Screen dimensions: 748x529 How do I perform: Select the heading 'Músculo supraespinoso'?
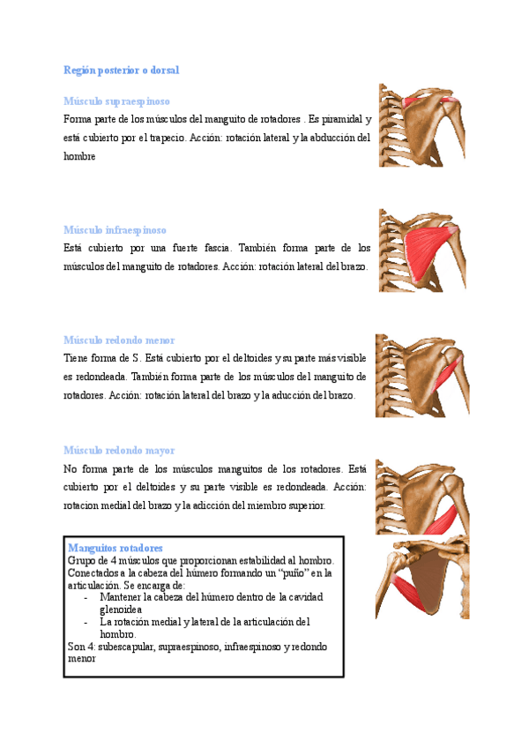pyautogui.click(x=116, y=101)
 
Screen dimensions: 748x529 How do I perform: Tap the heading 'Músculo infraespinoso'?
pyautogui.click(x=115, y=229)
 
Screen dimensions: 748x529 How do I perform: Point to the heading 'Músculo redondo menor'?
pyautogui.click(x=119, y=340)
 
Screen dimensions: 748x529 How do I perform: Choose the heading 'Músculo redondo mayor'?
pyautogui.click(x=119, y=450)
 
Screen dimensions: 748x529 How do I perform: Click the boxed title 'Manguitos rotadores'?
pyautogui.click(x=115, y=548)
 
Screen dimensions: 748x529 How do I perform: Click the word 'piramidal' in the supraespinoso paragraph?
pyautogui.click(x=344, y=119)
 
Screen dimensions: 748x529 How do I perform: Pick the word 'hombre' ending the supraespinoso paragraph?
pyautogui.click(x=79, y=156)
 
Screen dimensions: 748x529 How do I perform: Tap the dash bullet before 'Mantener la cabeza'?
pyautogui.click(x=85, y=597)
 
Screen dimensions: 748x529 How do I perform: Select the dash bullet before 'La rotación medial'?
pyautogui.click(x=85, y=622)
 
